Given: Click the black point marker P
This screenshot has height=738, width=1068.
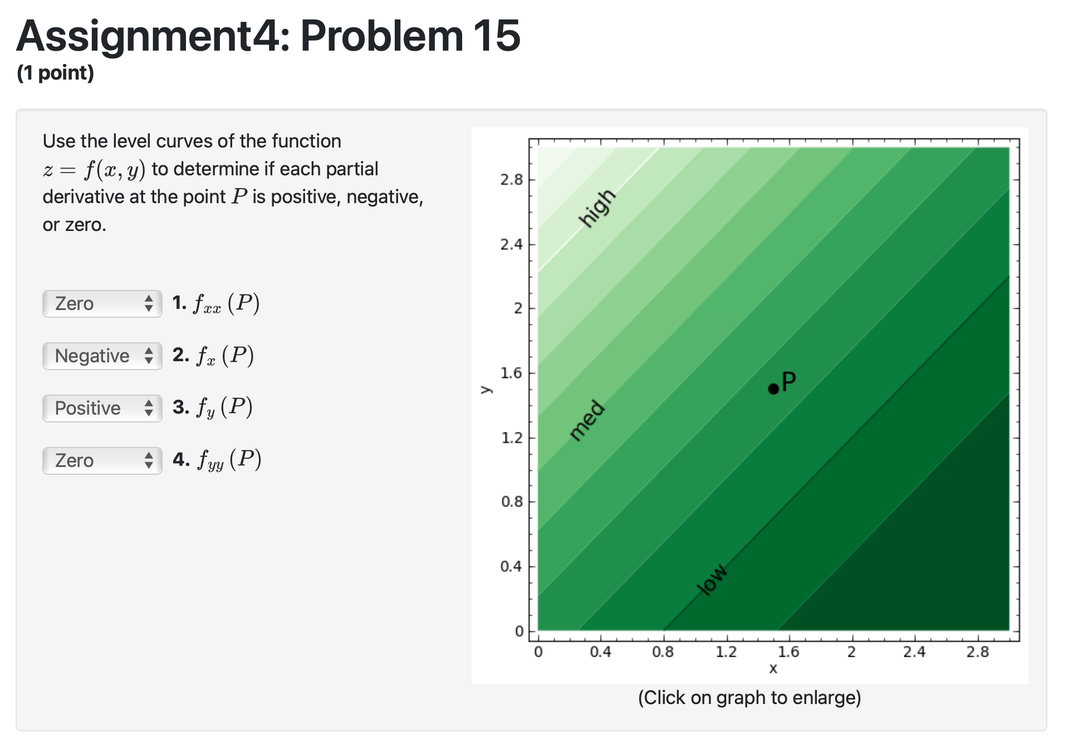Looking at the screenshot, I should click(773, 389).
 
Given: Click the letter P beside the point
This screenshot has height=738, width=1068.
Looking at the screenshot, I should click(788, 382).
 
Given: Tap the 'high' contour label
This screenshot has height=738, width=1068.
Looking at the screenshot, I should click(597, 208).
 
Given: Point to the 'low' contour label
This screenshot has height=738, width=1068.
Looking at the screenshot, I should click(712, 579).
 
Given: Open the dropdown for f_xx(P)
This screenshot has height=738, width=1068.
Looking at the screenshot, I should click(102, 304).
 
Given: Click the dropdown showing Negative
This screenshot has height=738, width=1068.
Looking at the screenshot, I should click(102, 356).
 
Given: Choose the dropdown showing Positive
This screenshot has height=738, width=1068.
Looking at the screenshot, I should click(102, 409).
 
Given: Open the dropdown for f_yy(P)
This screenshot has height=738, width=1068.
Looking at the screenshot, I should click(102, 461).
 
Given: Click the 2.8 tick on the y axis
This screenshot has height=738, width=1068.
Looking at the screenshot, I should click(511, 180).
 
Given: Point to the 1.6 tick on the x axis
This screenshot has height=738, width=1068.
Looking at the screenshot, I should click(788, 652).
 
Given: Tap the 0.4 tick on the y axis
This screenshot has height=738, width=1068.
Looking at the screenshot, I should click(511, 567).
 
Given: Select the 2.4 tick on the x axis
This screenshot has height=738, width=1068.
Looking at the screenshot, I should click(914, 652).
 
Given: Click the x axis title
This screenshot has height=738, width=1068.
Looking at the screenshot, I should click(773, 668).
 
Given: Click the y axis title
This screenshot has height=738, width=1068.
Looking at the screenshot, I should click(486, 390).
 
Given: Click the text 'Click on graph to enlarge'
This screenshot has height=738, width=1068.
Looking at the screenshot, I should click(749, 698).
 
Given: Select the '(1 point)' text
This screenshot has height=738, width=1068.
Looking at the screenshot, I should click(56, 73).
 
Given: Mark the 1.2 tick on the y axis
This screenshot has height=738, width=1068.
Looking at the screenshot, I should click(511, 437).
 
